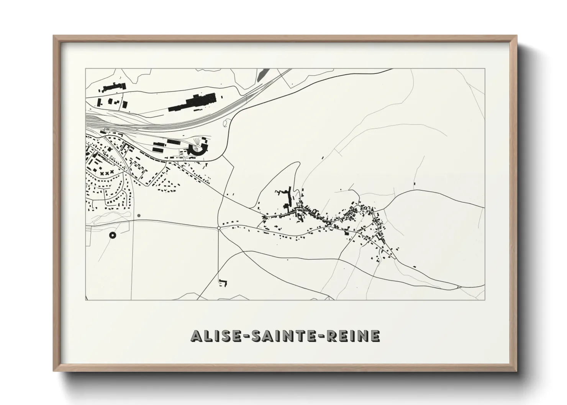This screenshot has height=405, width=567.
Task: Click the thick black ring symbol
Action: pyautogui.click(x=112, y=235)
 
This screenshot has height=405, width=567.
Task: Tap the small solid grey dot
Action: pyautogui.click(x=139, y=216)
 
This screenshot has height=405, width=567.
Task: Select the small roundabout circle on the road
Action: pyautogui.click(x=218, y=228)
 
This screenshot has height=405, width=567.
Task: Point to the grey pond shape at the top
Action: pyautogui.click(x=261, y=74)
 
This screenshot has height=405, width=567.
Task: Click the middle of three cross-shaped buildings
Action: pyautogui.click(x=108, y=173)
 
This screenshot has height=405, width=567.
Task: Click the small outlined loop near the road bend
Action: pyautogui.click(x=226, y=122)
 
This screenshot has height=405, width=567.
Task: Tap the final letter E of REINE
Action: pyautogui.click(x=375, y=336)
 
